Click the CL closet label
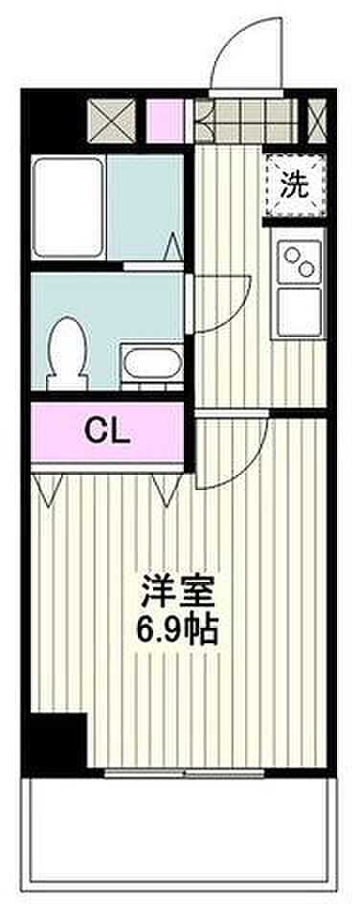coord(107,432)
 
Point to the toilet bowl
coord(66,353)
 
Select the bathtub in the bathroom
coord(68,207)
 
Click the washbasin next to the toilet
coord(151,365)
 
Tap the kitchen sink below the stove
coord(299,312)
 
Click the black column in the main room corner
coord(58,740)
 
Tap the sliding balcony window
coord(186,773)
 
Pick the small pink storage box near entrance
coord(165,122)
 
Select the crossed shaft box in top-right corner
coord(317,122)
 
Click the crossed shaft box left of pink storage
coord(112,122)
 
